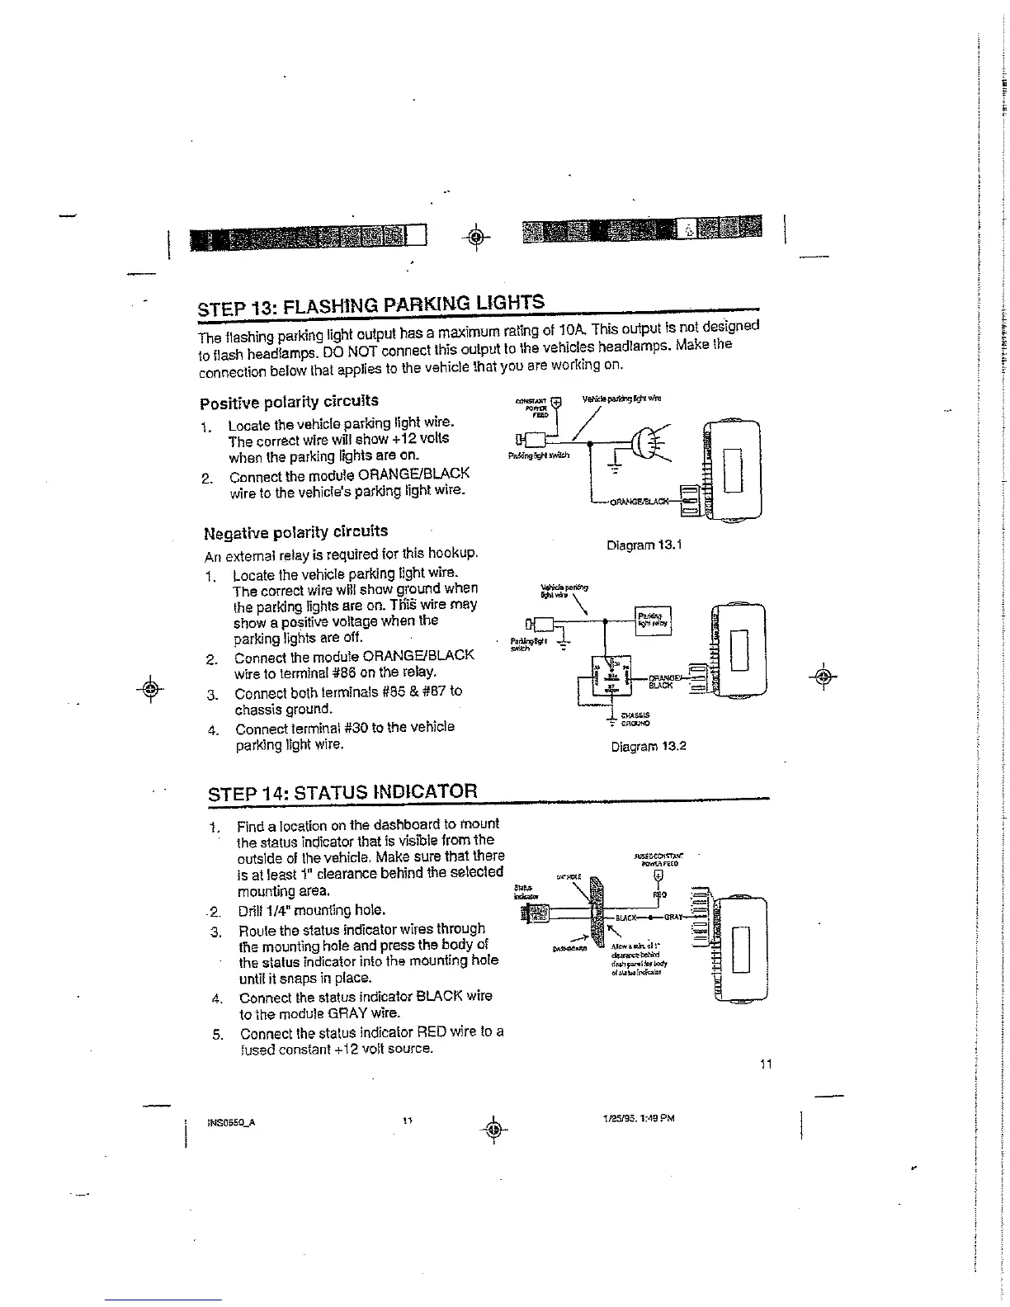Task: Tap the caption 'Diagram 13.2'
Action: point(648,747)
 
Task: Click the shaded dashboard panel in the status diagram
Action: point(595,916)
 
